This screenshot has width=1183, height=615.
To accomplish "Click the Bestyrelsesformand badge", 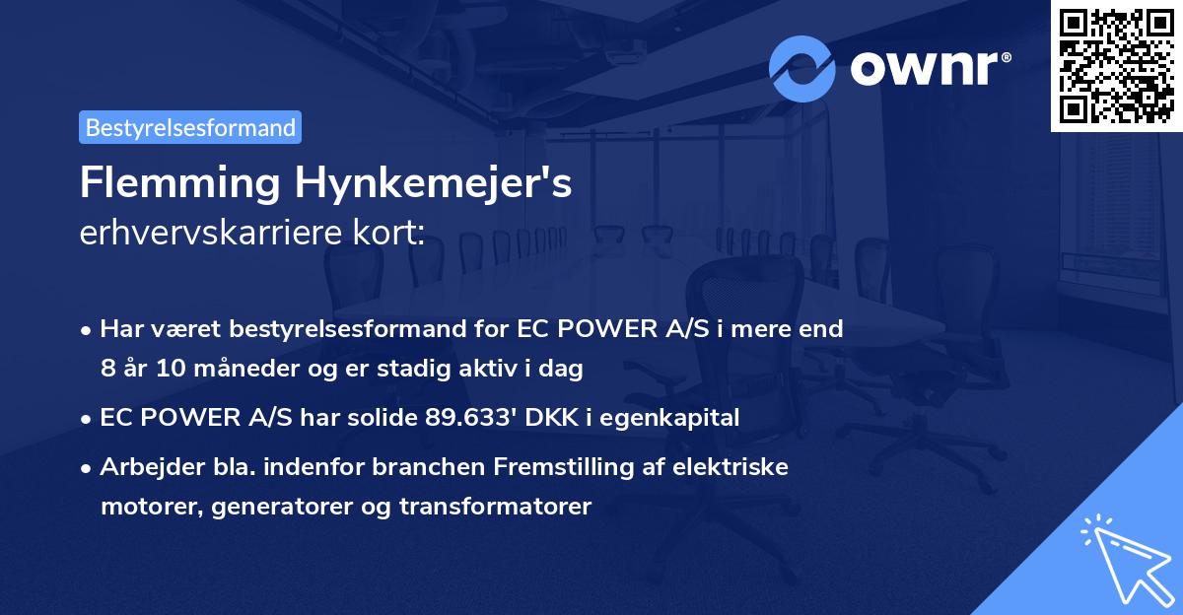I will pyautogui.click(x=190, y=127).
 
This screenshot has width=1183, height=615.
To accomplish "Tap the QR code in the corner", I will pyautogui.click(x=1116, y=65).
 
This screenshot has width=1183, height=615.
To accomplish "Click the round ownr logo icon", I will pyautogui.click(x=802, y=68).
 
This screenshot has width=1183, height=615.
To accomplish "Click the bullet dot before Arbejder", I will pyautogui.click(x=88, y=467).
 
